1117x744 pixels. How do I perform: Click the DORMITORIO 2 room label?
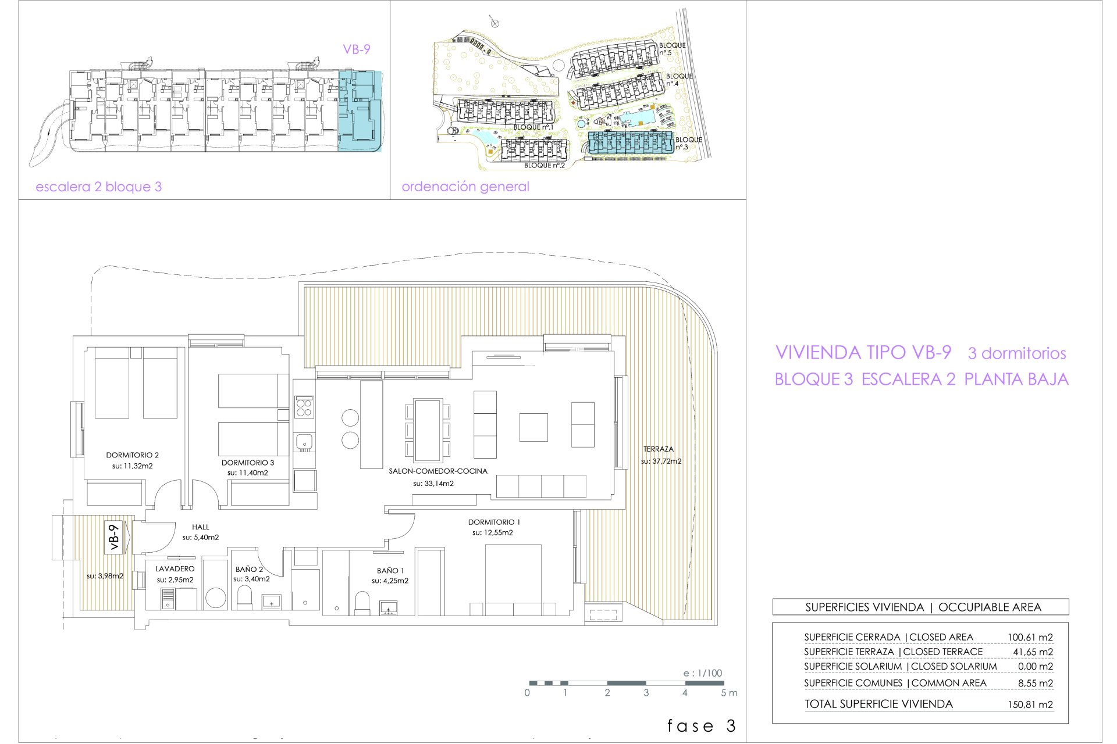tap(133, 455)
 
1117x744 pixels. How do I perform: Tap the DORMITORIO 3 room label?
tap(248, 463)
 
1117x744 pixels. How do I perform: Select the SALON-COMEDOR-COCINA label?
tap(438, 471)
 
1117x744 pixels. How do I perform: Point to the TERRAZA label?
tap(659, 449)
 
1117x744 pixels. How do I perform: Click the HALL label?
tap(201, 527)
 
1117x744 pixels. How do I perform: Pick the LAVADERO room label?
tap(175, 569)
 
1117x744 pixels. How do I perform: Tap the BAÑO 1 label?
tap(390, 571)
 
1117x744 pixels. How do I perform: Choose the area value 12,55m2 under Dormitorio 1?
tap(493, 533)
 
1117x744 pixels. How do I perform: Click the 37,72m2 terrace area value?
tap(661, 462)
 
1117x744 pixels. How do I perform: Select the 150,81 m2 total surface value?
tap(1030, 704)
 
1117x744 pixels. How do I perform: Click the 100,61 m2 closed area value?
tap(1030, 638)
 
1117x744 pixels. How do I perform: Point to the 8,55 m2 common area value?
tap(1036, 684)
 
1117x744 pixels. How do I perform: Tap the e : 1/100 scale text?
tap(703, 673)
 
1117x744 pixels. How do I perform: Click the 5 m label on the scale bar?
tap(729, 693)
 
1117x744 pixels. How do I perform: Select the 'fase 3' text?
tap(702, 726)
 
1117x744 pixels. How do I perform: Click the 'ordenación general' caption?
tap(465, 187)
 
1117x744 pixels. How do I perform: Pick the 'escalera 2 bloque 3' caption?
tap(99, 187)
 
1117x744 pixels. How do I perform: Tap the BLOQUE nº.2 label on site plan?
tap(545, 166)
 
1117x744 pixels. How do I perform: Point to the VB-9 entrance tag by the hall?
tap(114, 537)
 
